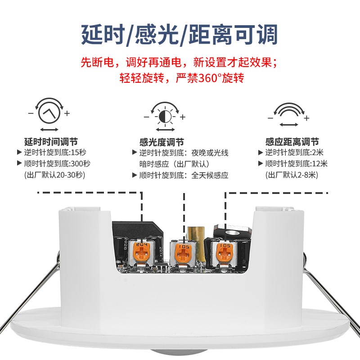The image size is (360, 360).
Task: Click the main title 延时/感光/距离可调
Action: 180,34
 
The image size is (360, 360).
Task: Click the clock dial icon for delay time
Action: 49,113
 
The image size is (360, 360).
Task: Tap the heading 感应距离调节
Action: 292,142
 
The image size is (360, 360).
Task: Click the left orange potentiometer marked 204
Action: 144,252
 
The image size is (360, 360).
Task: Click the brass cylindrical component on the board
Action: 196,234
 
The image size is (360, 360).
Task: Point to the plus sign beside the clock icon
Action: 67,113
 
